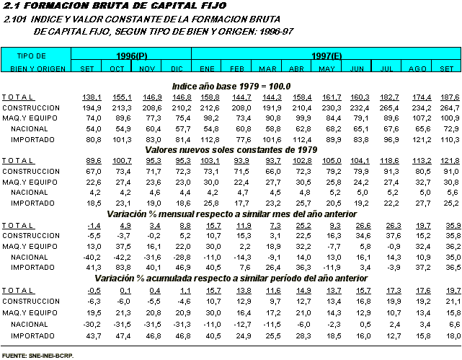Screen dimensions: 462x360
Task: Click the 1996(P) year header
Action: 131,56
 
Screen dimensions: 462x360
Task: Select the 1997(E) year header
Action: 326,56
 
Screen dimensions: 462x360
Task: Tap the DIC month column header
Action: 177,69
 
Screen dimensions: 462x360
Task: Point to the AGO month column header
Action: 417,69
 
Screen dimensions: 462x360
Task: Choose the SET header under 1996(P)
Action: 87,69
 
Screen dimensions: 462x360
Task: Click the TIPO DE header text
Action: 32,56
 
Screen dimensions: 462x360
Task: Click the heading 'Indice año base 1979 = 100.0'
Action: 231,87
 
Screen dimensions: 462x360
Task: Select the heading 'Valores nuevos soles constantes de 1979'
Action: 231,150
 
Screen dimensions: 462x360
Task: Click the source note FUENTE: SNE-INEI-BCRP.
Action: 37,356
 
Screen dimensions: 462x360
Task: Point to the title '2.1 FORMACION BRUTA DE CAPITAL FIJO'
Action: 115,6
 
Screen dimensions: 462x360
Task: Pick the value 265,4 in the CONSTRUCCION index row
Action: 389,108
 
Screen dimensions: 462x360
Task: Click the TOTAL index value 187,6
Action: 450,97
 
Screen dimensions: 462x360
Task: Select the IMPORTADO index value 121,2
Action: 422,139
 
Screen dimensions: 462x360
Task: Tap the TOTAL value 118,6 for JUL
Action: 389,161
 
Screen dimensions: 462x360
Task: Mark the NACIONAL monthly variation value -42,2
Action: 123,258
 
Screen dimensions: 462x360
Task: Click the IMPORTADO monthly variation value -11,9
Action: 332,268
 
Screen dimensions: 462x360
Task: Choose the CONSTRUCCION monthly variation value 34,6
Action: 363,236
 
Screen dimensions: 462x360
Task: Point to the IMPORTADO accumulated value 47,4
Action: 123,335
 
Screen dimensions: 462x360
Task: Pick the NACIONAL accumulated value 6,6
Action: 455,325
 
